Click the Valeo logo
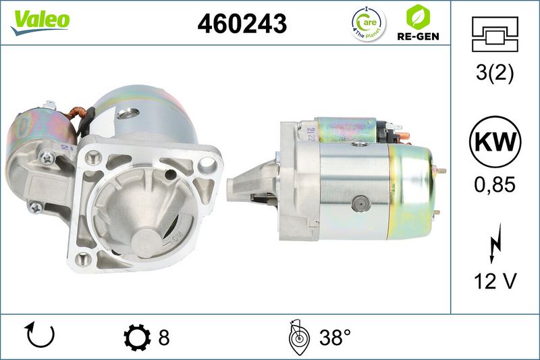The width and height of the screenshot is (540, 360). pyautogui.click(x=40, y=22)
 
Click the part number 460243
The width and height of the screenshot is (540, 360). pyautogui.click(x=242, y=24)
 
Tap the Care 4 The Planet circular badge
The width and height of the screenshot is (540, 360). pyautogui.click(x=369, y=24)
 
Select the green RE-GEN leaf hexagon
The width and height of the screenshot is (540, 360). pyautogui.click(x=418, y=17)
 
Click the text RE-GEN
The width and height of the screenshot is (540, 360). pyautogui.click(x=418, y=36)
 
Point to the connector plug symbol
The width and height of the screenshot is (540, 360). pyautogui.click(x=495, y=34)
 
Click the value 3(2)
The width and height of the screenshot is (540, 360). pyautogui.click(x=495, y=73)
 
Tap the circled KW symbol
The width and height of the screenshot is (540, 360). pyautogui.click(x=495, y=142)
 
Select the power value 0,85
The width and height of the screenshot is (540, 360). pyautogui.click(x=495, y=184)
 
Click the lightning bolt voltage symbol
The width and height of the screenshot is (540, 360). pyautogui.click(x=495, y=243)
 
